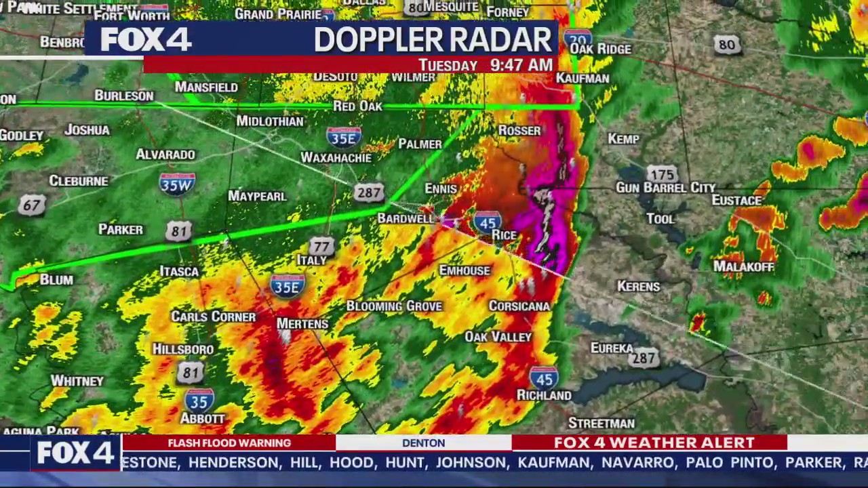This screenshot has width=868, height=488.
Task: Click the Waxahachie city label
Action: coord(336,158)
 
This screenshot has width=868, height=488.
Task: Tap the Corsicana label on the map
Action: coord(519,306)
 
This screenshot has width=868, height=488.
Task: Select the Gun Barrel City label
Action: coord(665,188)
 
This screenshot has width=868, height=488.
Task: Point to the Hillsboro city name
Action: coord(183,349)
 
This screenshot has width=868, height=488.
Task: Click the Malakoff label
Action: coord(744,267)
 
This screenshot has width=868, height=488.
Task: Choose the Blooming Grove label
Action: coord(394,306)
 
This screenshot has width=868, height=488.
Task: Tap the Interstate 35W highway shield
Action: coord(177,183)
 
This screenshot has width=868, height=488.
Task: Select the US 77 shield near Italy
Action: coord(321,247)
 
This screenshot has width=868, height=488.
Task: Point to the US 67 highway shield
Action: coord(31,205)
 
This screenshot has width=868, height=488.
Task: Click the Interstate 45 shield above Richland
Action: coord(544,378)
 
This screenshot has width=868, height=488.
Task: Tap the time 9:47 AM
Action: coord(521,65)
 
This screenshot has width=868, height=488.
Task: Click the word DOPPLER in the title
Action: coord(371,41)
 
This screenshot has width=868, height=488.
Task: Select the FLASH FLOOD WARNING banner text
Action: coord(229,443)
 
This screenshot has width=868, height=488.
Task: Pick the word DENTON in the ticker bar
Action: coord(423,443)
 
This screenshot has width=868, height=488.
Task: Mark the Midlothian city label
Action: coord(270,121)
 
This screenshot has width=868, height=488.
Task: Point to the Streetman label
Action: coord(601,424)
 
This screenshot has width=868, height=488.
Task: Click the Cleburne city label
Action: coord(79,181)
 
